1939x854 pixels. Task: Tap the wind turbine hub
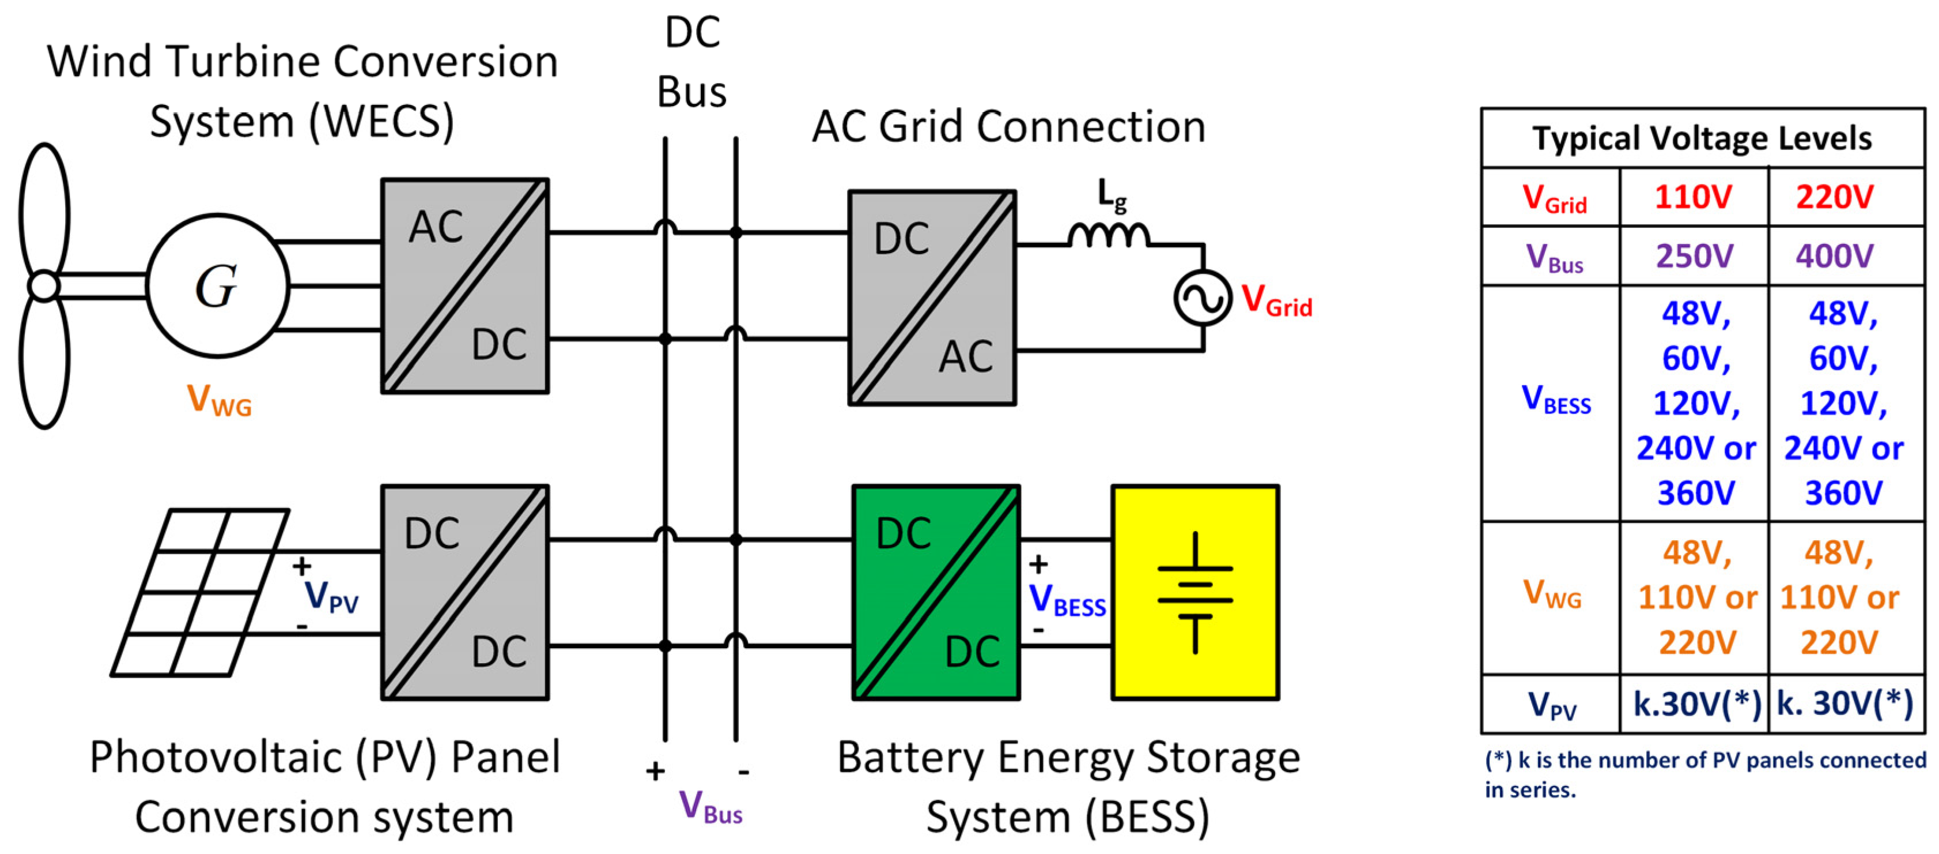click(x=44, y=286)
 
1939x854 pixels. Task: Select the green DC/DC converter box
click(x=936, y=593)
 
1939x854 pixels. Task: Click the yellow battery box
click(x=1195, y=593)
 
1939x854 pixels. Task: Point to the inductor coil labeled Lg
click(x=1108, y=234)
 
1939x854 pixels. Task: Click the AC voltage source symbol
click(x=1202, y=298)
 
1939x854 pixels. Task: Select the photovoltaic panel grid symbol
click(x=199, y=593)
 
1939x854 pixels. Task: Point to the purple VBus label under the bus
click(x=710, y=807)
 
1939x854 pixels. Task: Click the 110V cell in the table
click(x=1693, y=197)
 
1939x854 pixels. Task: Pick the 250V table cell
click(x=1694, y=256)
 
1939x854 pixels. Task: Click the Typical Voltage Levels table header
click(x=1702, y=138)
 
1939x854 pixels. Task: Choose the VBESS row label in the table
click(x=1556, y=400)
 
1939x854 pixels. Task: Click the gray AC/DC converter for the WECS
click(x=464, y=285)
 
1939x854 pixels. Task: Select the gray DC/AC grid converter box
click(x=932, y=298)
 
